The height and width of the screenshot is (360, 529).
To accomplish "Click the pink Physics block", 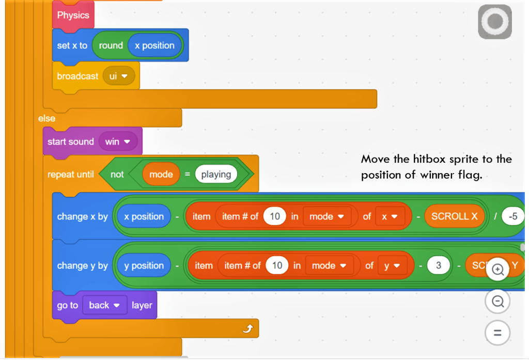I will [x=73, y=15].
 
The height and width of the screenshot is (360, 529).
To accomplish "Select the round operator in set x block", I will [x=111, y=45].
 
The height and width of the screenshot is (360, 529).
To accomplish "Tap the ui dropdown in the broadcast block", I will [x=119, y=76].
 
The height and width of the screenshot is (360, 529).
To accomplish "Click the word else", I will [x=46, y=118].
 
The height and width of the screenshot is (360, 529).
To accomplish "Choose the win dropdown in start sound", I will [x=117, y=142].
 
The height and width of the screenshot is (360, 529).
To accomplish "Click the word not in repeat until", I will [x=117, y=174].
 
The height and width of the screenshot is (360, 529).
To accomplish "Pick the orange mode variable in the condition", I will [x=161, y=174].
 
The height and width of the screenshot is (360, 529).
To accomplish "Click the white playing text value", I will [x=216, y=174].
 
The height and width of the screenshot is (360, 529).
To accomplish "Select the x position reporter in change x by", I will [x=144, y=216].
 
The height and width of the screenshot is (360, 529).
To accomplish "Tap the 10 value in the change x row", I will [x=275, y=216].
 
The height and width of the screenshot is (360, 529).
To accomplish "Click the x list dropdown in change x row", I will [x=388, y=216].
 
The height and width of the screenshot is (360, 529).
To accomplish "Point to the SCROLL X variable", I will [x=454, y=216].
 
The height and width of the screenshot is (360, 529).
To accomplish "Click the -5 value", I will [x=512, y=216].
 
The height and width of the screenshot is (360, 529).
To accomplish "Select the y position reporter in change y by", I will [x=144, y=265].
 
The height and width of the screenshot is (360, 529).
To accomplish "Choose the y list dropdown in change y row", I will [x=391, y=265].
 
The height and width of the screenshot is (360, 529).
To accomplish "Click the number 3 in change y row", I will [x=439, y=265].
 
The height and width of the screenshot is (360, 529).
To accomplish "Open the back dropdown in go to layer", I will [x=104, y=305].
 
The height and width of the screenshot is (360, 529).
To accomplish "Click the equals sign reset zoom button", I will [x=498, y=332].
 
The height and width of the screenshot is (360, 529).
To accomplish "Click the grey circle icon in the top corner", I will [x=495, y=22].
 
